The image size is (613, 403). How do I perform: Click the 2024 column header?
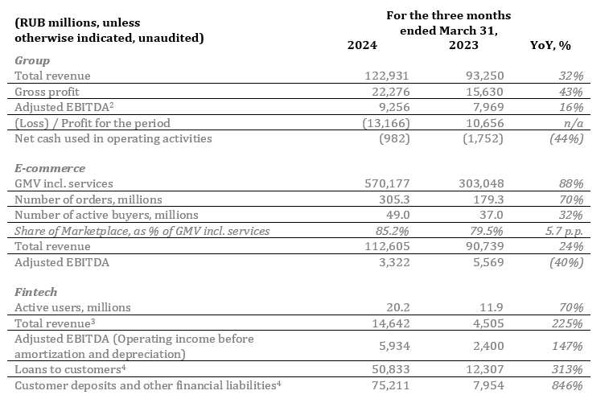coord(362,45)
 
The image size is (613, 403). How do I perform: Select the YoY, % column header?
coord(550,46)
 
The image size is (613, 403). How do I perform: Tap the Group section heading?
coord(32,61)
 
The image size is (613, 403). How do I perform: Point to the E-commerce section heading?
coord(50,168)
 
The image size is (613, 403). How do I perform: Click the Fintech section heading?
coord(36,292)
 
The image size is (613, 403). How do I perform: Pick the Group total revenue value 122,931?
coord(387,76)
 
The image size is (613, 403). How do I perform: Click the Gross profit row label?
coord(47,92)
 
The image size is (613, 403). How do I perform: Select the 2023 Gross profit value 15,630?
coord(484,92)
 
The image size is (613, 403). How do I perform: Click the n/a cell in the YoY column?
coord(574,124)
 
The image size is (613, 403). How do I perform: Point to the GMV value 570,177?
coord(387,183)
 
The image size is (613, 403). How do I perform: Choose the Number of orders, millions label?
coord(88,199)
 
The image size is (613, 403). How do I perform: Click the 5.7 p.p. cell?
coord(564,232)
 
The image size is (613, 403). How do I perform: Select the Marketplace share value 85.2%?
coord(392,231)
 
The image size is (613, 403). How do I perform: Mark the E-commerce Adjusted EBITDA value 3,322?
coord(394,262)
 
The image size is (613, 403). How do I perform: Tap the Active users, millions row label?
coord(72,307)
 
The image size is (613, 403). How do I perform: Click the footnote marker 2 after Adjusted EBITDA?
coord(112,105)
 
